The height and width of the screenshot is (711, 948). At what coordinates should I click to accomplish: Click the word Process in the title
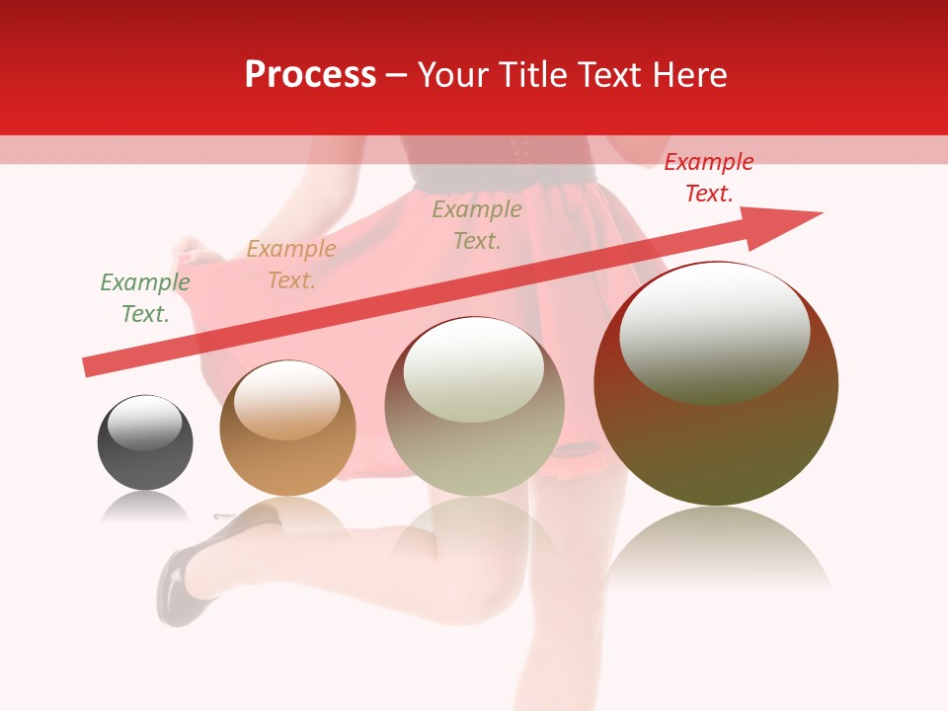pyautogui.click(x=310, y=75)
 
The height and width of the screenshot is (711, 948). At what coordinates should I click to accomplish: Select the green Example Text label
pyautogui.click(x=145, y=298)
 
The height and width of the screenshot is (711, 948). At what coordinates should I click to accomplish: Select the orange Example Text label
pyautogui.click(x=291, y=265)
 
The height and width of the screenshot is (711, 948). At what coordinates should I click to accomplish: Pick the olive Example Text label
pyautogui.click(x=477, y=225)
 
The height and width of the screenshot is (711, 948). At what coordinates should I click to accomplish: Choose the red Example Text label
pyautogui.click(x=709, y=178)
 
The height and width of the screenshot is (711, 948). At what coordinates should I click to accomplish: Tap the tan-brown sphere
pyautogui.click(x=287, y=434)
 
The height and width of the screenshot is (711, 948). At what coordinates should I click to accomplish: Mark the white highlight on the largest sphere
pyautogui.click(x=714, y=331)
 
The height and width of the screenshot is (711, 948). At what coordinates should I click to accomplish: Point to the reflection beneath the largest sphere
pyautogui.click(x=717, y=548)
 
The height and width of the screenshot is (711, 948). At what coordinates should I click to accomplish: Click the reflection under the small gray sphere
pyautogui.click(x=145, y=508)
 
